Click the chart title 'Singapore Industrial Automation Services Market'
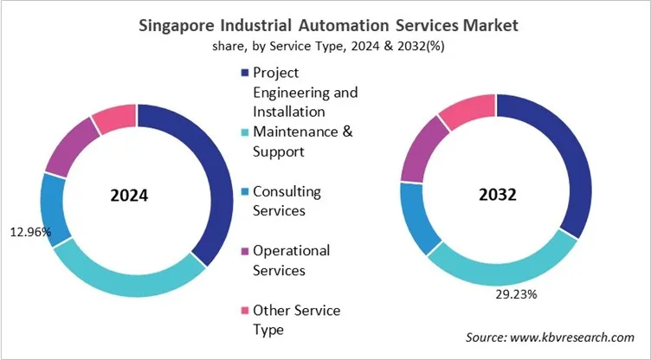click(328, 25)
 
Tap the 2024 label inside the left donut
click(129, 196)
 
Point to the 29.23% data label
click(517, 294)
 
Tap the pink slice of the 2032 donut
click(467, 111)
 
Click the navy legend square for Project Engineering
click(245, 73)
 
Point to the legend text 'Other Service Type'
click(295, 319)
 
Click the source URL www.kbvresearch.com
click(578, 337)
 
